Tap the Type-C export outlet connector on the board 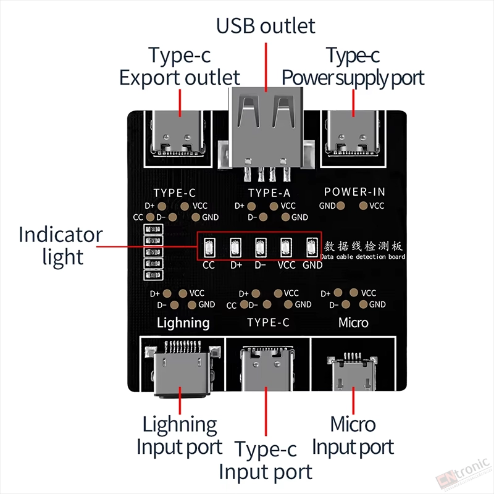[178, 134]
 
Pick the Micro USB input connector [352, 372]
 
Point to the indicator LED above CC [209, 248]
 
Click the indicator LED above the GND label [312, 248]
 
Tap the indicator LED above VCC [286, 248]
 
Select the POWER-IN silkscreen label [354, 191]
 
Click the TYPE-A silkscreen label [269, 193]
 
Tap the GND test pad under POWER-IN [341, 206]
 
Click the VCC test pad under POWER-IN [363, 206]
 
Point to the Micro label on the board [353, 322]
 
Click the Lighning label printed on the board [183, 323]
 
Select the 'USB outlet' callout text [266, 26]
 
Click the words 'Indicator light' [61, 246]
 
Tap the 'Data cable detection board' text [363, 257]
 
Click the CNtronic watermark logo [463, 474]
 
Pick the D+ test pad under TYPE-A [251, 206]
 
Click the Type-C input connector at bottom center [267, 368]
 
